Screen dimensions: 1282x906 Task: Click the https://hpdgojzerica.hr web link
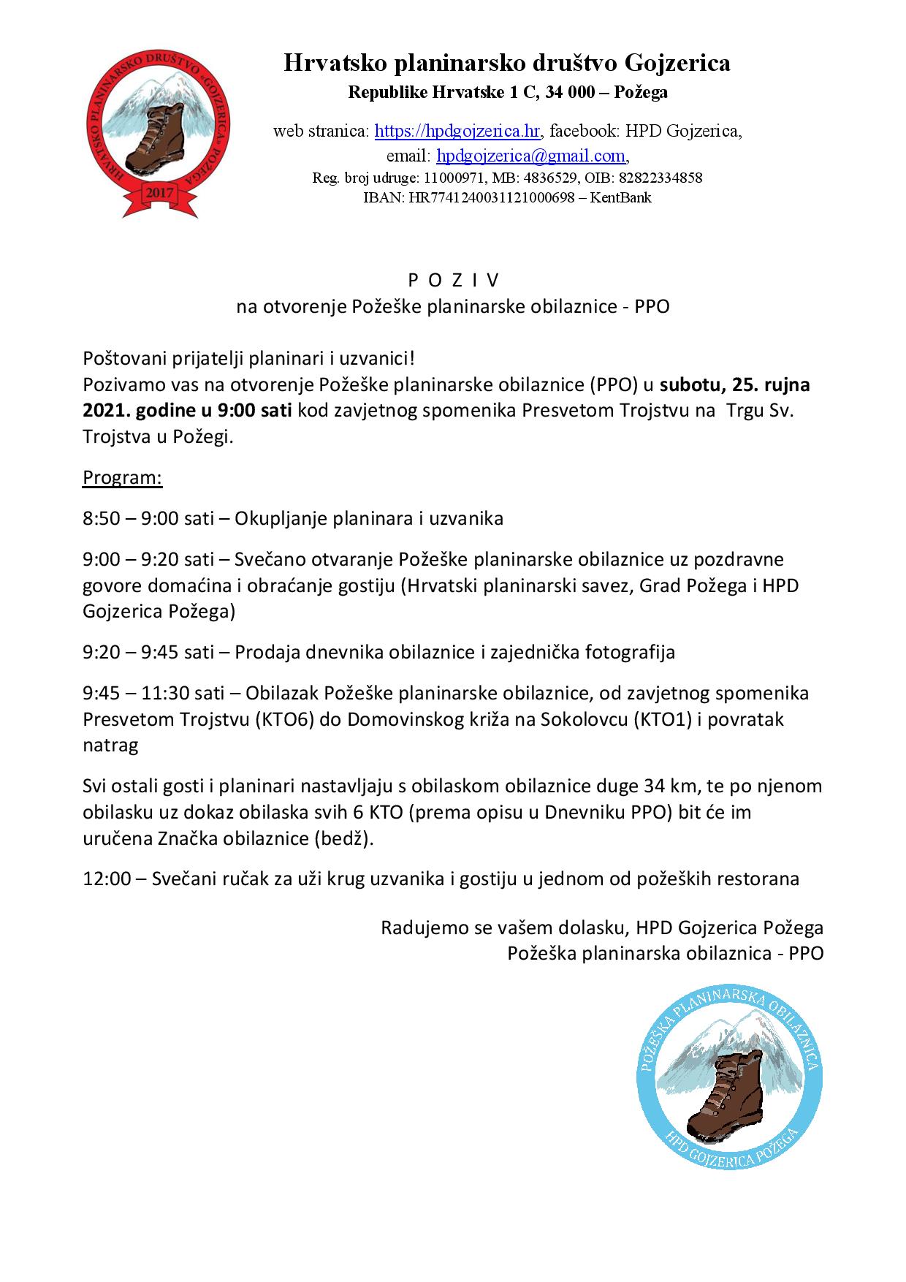(457, 132)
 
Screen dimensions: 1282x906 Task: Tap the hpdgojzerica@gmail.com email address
(531, 156)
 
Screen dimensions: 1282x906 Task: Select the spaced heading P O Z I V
(452, 281)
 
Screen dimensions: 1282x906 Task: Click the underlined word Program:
(122, 478)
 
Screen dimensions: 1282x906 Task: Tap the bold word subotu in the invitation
(693, 384)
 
